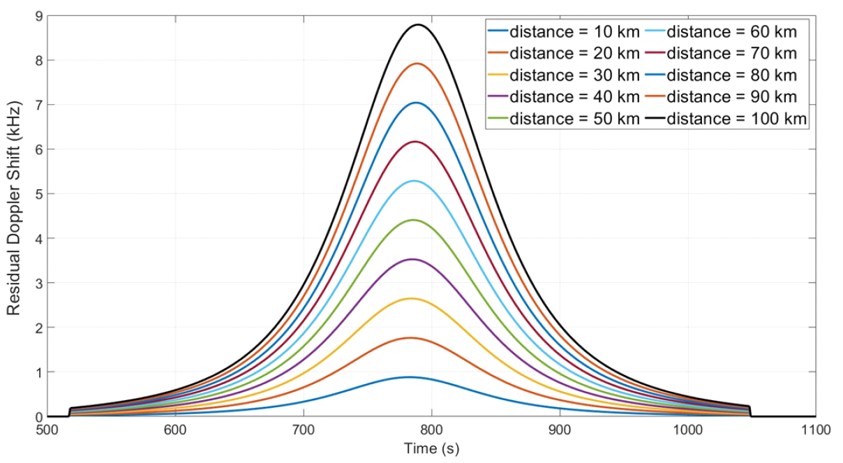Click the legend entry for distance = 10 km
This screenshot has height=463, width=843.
pyautogui.click(x=563, y=31)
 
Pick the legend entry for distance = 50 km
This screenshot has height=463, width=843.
pyautogui.click(x=563, y=119)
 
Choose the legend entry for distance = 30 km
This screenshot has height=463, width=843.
pyautogui.click(x=563, y=75)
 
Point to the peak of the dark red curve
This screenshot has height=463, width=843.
pyautogui.click(x=415, y=142)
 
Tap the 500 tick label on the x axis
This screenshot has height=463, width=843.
pyautogui.click(x=47, y=431)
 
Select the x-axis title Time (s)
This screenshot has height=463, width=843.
pyautogui.click(x=432, y=448)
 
